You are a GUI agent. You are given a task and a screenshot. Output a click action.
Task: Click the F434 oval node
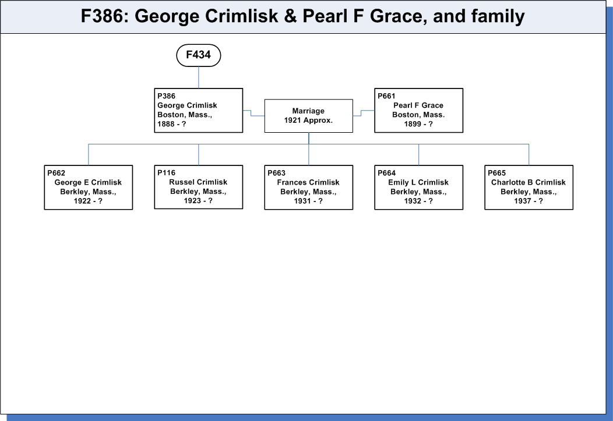199,55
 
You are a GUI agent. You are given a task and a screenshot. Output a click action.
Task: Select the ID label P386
167,96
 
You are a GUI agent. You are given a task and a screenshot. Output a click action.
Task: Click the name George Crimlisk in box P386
187,105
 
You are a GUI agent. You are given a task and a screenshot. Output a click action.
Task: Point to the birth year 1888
165,124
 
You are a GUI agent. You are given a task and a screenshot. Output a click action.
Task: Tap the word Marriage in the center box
308,111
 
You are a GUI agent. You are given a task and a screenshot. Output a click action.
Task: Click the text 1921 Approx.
308,121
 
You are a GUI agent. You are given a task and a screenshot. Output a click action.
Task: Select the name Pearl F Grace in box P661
418,105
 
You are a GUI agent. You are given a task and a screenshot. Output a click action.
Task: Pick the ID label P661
387,96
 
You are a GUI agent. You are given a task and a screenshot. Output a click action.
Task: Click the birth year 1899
413,124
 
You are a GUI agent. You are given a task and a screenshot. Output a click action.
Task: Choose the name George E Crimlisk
88,182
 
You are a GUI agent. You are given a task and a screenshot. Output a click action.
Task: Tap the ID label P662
57,173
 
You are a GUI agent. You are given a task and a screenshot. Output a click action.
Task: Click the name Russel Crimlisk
198,182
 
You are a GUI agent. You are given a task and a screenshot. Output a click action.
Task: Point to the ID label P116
167,172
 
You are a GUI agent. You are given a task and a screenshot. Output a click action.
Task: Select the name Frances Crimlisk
308,182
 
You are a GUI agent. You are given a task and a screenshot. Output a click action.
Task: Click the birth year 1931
302,201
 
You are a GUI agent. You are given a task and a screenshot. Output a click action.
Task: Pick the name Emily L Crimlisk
418,182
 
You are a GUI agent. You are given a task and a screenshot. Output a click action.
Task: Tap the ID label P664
387,173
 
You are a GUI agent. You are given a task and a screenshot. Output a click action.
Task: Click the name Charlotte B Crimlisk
529,182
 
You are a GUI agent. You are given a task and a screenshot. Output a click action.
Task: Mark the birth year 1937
522,201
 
